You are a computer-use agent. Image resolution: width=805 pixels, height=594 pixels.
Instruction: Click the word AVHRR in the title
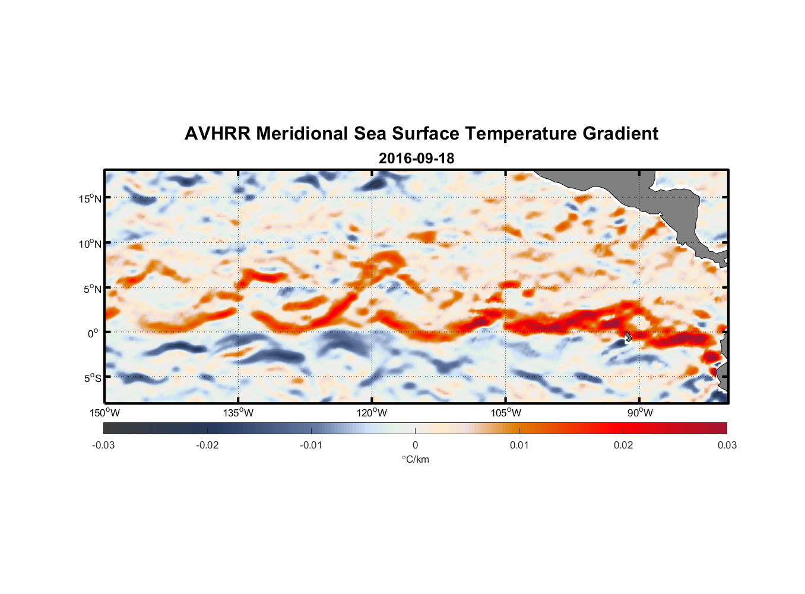coord(217,134)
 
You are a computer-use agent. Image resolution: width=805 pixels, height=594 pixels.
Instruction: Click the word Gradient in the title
coord(620,134)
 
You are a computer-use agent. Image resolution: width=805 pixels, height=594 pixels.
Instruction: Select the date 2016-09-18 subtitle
coord(416,159)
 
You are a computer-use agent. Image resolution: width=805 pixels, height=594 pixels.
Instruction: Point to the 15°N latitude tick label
coord(90,198)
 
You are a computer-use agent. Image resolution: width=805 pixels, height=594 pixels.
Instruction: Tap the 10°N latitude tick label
coord(90,244)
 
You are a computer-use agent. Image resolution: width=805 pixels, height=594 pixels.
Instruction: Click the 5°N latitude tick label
coord(93,289)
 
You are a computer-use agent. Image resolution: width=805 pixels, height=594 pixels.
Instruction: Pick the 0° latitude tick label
coord(94,333)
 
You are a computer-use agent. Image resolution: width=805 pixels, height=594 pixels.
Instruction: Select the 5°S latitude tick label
coord(93,378)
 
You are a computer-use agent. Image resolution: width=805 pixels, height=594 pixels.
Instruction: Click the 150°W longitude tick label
coord(105,413)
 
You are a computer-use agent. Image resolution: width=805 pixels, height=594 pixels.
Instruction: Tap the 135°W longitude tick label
coord(239,413)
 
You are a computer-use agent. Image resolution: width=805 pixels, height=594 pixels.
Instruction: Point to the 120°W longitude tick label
coord(372,413)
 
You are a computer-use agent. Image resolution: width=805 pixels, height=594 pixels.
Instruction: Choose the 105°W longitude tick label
coord(506,413)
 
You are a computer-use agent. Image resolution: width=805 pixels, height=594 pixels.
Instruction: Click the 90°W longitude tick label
coord(640,413)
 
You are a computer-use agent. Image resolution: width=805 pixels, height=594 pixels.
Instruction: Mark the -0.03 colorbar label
coord(103,445)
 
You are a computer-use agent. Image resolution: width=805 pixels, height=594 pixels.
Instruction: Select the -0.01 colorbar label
coord(311,445)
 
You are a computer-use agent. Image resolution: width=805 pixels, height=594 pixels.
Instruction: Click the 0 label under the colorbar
coord(415,445)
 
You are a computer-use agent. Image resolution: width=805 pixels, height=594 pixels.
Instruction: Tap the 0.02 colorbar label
coord(623,445)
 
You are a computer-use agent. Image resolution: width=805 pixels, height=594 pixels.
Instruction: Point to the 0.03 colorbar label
coord(727,445)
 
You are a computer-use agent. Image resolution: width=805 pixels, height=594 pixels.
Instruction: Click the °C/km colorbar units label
coord(415,459)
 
